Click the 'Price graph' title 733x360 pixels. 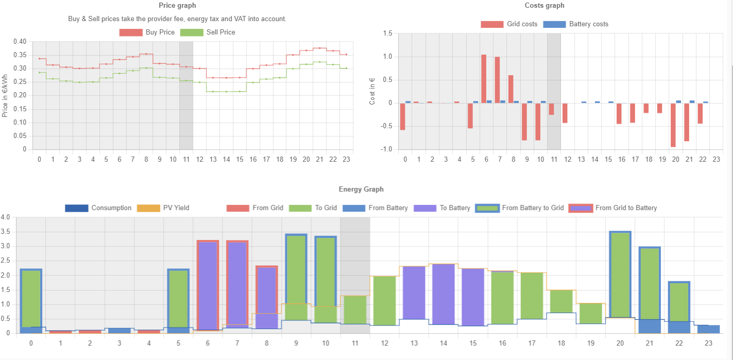pos(177,5)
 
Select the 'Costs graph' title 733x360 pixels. pos(544,5)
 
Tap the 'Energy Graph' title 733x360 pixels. pos(361,189)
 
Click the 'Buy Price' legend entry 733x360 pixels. pos(147,32)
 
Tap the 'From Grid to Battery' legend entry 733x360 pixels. pos(613,208)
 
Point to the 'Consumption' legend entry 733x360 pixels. pos(98,208)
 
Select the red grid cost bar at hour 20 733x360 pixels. pos(673,125)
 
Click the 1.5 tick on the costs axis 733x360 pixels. pos(387,33)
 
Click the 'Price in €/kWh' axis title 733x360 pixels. pos(5,95)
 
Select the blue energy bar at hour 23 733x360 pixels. pos(709,329)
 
